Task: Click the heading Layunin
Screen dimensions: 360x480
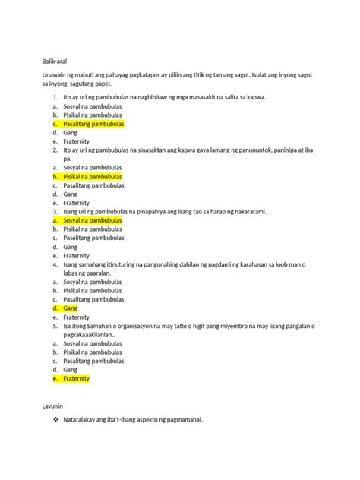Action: tap(55, 407)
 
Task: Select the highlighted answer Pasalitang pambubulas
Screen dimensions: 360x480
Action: tap(93, 123)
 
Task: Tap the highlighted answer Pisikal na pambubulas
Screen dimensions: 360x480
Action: tap(93, 176)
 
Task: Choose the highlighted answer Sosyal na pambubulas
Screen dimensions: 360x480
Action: tap(93, 220)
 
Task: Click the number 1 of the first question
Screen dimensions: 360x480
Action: tap(55, 97)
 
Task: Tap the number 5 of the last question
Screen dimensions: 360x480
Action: tap(55, 326)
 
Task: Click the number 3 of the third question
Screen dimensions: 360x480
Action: tap(55, 212)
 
